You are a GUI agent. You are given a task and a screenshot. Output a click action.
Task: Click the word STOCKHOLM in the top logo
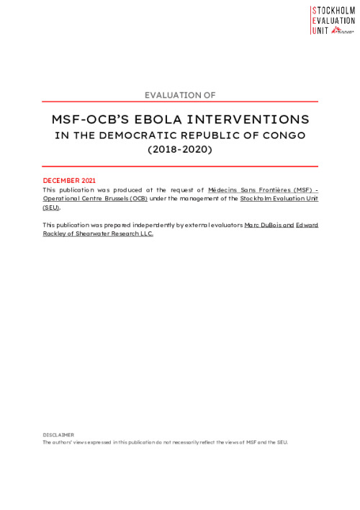335,10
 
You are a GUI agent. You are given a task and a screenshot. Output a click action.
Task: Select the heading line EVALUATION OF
180,94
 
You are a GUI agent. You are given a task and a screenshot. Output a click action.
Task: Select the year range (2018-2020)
180,151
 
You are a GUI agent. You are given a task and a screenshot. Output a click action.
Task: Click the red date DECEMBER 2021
70,180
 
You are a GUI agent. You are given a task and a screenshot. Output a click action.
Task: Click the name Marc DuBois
268,225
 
